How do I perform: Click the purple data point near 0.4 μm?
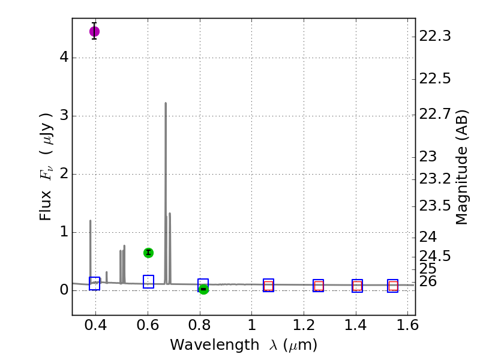coord(94,31)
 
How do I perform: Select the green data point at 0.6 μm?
coord(148,253)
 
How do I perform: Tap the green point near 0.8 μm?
coord(203,289)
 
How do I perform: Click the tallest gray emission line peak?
coord(166,103)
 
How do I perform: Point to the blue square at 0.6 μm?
coord(148,281)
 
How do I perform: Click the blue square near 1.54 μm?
coord(392,286)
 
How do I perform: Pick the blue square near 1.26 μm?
coord(318,286)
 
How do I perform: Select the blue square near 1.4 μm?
coord(357,286)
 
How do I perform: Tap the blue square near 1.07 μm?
coord(268,285)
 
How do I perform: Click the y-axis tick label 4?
coord(63,58)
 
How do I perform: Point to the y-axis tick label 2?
coord(63,175)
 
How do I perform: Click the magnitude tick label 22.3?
coord(434,37)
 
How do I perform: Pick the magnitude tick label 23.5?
coord(434,206)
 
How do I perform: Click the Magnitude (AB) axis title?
coord(461,170)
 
